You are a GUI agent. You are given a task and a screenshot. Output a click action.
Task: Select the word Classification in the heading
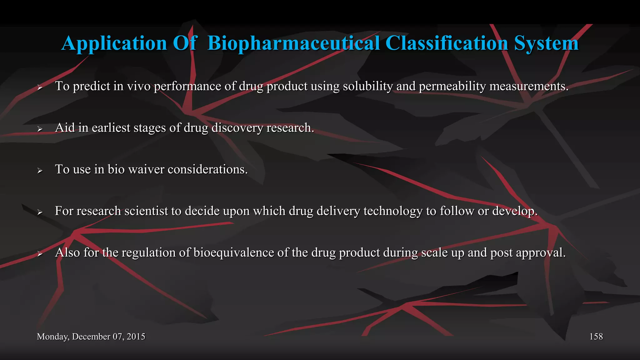click(447, 43)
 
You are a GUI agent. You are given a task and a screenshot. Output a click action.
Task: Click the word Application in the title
click(114, 43)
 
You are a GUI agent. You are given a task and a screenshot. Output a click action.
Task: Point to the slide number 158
click(596, 337)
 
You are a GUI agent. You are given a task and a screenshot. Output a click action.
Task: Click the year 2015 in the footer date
click(136, 337)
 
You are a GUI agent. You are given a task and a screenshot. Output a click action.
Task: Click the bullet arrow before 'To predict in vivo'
click(40, 87)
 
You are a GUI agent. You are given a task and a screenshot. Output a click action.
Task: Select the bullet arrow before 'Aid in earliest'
click(40, 129)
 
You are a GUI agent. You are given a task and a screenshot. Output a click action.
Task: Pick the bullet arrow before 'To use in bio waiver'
click(40, 171)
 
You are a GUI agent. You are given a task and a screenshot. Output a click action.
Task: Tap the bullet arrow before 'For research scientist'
click(40, 212)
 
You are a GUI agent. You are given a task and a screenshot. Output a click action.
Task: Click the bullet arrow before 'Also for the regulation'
click(40, 254)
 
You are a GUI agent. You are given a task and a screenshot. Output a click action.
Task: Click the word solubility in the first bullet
click(367, 86)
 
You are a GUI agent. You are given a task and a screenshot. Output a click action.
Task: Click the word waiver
click(146, 169)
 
